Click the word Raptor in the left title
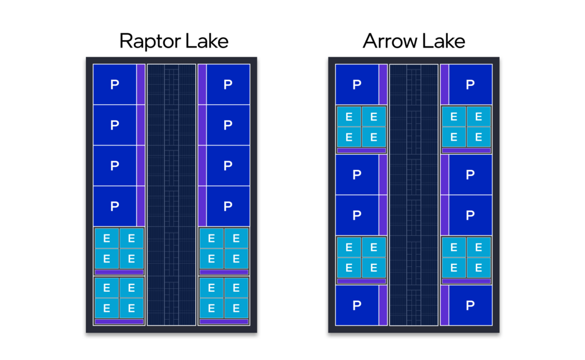coord(146,41)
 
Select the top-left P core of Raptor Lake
coord(115,85)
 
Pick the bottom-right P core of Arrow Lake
coord(470,305)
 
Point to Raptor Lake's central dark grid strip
coord(171,195)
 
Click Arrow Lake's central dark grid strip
coord(414,195)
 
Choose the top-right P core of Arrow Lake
coord(470,85)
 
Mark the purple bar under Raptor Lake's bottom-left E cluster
coord(119,322)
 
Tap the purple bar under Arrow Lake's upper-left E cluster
coord(361,150)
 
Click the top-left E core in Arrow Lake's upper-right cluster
coord(454,116)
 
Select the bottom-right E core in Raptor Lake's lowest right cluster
coord(236,308)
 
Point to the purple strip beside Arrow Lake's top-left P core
coord(383,84)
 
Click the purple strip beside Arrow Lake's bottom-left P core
coord(383,305)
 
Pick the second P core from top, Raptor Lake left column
coord(115,125)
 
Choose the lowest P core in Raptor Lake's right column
coord(227,206)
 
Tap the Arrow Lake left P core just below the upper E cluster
coord(357,175)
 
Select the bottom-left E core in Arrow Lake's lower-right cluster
coord(454,267)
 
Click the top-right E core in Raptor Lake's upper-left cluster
coord(132,238)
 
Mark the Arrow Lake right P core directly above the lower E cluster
coord(470,215)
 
